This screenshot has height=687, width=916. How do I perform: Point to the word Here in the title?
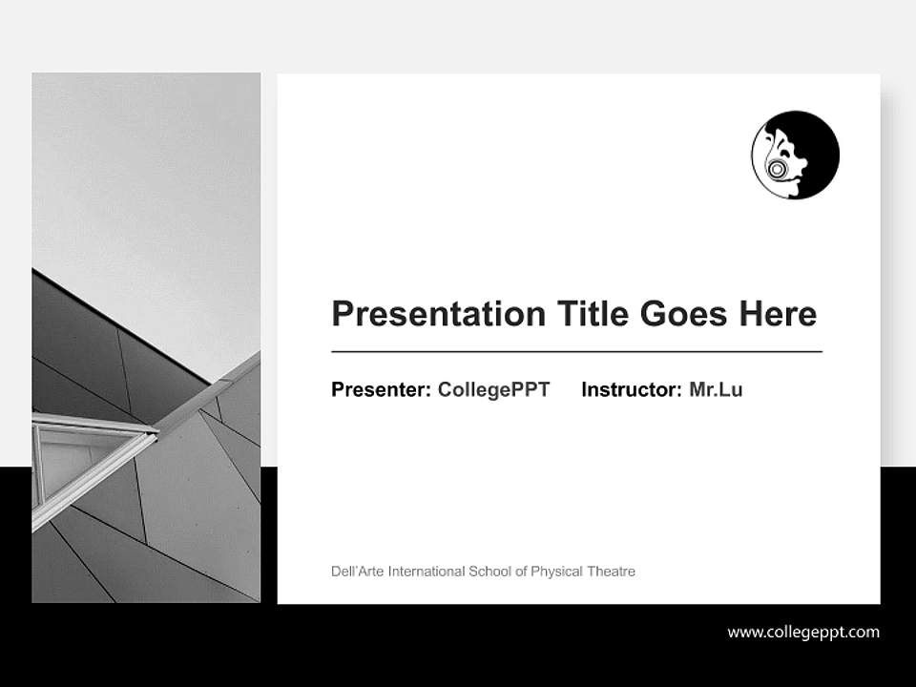click(779, 314)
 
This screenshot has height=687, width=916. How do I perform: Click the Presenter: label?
click(381, 389)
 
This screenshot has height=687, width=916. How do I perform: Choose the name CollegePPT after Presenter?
click(493, 389)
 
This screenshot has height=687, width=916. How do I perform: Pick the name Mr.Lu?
click(716, 389)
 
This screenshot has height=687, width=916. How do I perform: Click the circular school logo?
click(795, 155)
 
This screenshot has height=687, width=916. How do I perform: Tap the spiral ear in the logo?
click(778, 170)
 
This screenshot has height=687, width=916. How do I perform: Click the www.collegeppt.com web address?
click(803, 632)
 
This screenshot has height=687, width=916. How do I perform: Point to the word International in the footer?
click(424, 572)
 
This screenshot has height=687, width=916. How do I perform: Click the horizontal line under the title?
click(576, 352)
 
